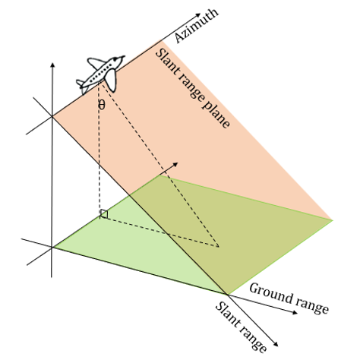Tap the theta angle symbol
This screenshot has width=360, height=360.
pos(102,104)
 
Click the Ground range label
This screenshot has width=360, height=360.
pos(289,298)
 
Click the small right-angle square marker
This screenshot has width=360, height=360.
pos(104,215)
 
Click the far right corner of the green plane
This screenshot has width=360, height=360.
pos(333,219)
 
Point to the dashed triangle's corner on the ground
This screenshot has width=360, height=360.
pos(219,246)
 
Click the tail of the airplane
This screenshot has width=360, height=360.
pos(82,82)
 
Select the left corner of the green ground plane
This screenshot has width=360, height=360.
pos(53,247)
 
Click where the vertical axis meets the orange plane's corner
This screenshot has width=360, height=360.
pos(52,115)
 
